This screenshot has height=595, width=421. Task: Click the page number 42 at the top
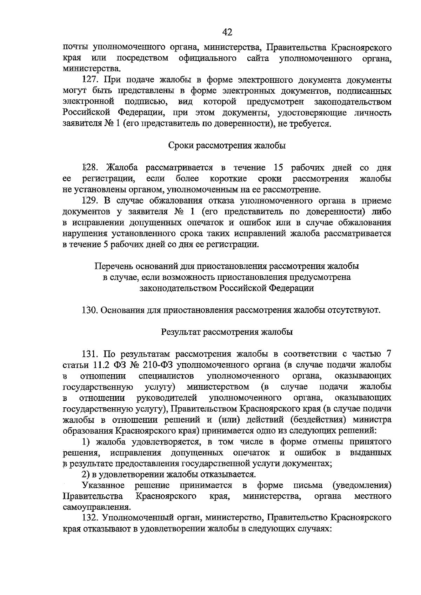click(x=227, y=32)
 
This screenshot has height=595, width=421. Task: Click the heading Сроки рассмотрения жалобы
click(x=227, y=146)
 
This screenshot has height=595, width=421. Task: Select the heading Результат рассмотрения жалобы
click(x=227, y=332)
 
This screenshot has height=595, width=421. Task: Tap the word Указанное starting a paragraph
click(x=103, y=485)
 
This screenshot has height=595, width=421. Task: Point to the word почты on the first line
click(x=75, y=47)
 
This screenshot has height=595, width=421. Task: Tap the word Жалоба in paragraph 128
click(x=122, y=167)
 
